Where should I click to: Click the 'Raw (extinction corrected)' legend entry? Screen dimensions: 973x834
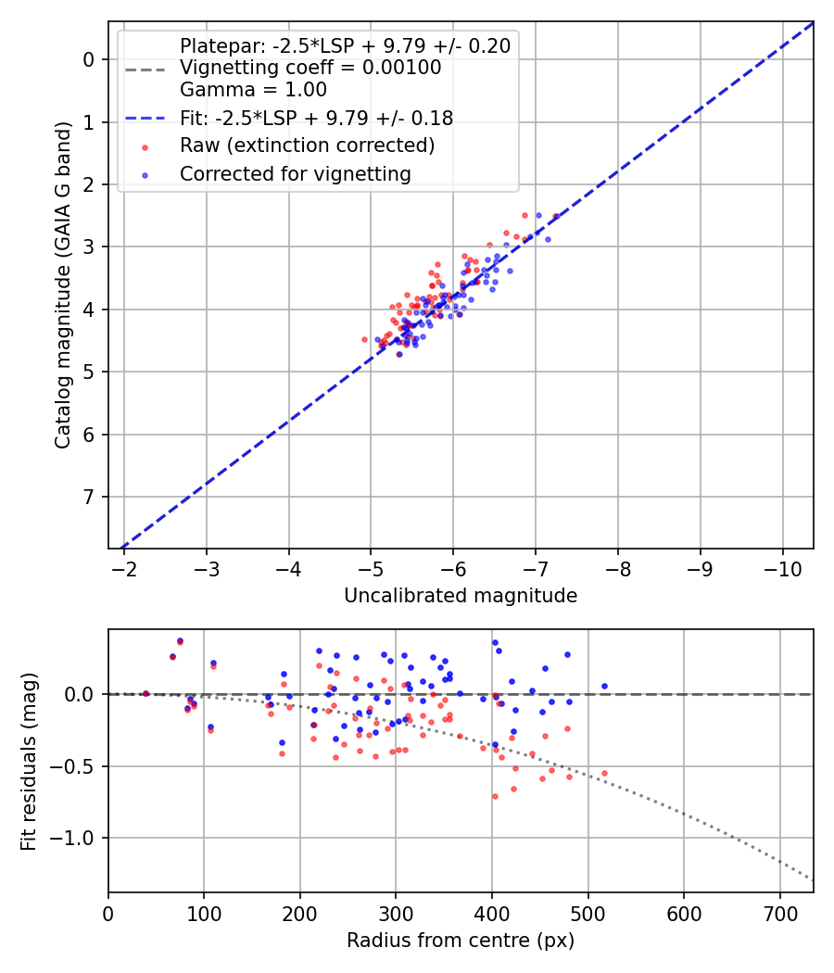coord(307,145)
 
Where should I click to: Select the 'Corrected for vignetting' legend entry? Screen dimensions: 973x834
coord(296,173)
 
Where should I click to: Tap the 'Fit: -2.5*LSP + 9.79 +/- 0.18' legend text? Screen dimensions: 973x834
coord(316,118)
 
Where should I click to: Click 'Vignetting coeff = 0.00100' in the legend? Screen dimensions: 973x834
coord(310,68)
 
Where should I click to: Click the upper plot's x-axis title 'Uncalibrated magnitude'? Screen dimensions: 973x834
coord(461,596)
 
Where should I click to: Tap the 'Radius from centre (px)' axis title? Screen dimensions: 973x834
coord(461,941)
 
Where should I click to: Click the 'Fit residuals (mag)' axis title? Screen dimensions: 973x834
coord(30,761)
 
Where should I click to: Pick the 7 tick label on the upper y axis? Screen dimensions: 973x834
coord(90,498)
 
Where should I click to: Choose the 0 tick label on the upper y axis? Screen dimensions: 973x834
coord(90,59)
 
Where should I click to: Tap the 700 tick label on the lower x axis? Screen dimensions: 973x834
coord(779,913)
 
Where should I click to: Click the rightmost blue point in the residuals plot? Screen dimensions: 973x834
coord(604,686)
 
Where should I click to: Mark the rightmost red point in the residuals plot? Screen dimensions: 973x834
coord(604,773)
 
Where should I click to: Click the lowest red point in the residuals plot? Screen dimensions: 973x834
coord(495,796)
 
